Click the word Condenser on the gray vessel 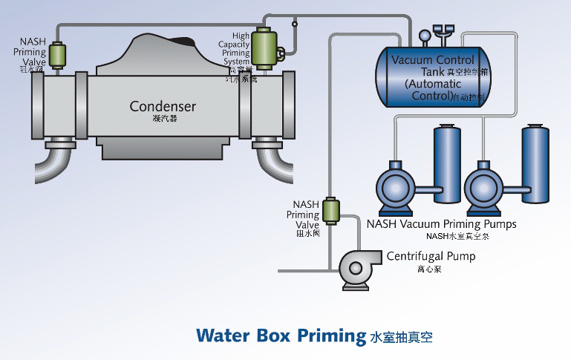pos(163,106)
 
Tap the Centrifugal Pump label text pos(431,257)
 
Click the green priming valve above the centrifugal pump pos(333,210)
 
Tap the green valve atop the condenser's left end pos(58,55)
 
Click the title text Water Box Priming pos(281,335)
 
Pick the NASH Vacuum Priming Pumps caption pos(441,223)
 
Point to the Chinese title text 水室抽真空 pos(400,337)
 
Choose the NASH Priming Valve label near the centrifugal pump pos(305,215)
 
